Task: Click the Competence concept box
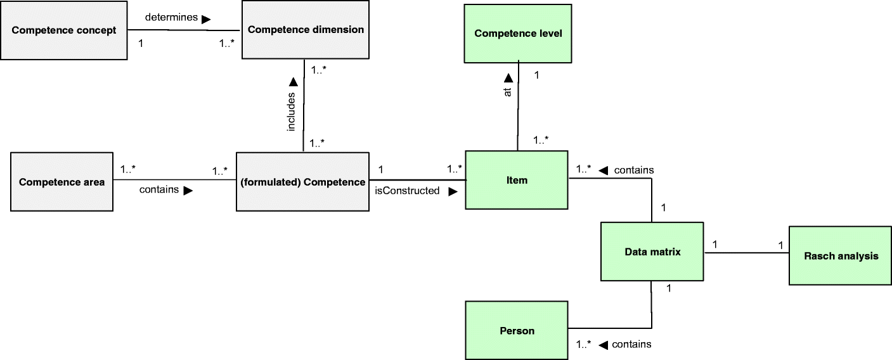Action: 63,30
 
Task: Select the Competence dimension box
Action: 306,30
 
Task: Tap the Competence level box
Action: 517,33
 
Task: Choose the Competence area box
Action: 61,182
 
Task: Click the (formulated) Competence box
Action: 302,182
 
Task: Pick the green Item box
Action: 517,180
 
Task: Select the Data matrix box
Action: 651,252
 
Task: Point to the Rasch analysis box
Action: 841,256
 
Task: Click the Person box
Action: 517,330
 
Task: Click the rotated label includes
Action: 292,112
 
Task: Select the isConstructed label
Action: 408,191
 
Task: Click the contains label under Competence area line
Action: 158,190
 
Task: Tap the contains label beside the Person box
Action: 633,344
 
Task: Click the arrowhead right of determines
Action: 206,19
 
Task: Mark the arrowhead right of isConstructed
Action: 453,191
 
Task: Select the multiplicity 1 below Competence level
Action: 536,75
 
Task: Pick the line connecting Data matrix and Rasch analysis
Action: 746,253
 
